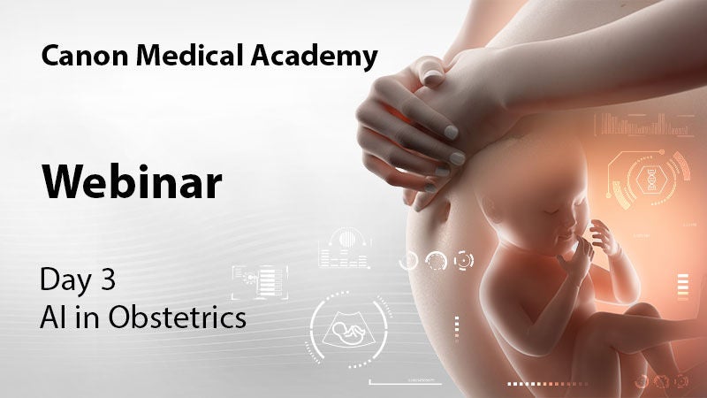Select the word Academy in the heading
click(x=315, y=57)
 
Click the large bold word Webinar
click(x=132, y=181)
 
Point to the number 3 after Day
click(x=107, y=279)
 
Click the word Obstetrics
click(x=178, y=317)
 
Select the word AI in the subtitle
click(x=49, y=318)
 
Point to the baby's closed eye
click(x=551, y=211)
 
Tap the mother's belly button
click(x=443, y=210)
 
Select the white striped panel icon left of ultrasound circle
click(x=260, y=282)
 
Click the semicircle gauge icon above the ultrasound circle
click(x=345, y=249)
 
